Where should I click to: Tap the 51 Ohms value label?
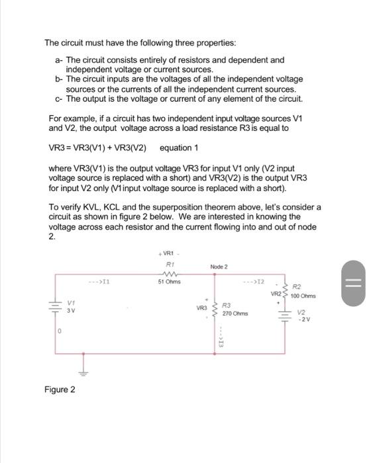[x=169, y=282]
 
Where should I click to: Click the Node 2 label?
[x=219, y=267]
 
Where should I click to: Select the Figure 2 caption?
[x=59, y=390]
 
